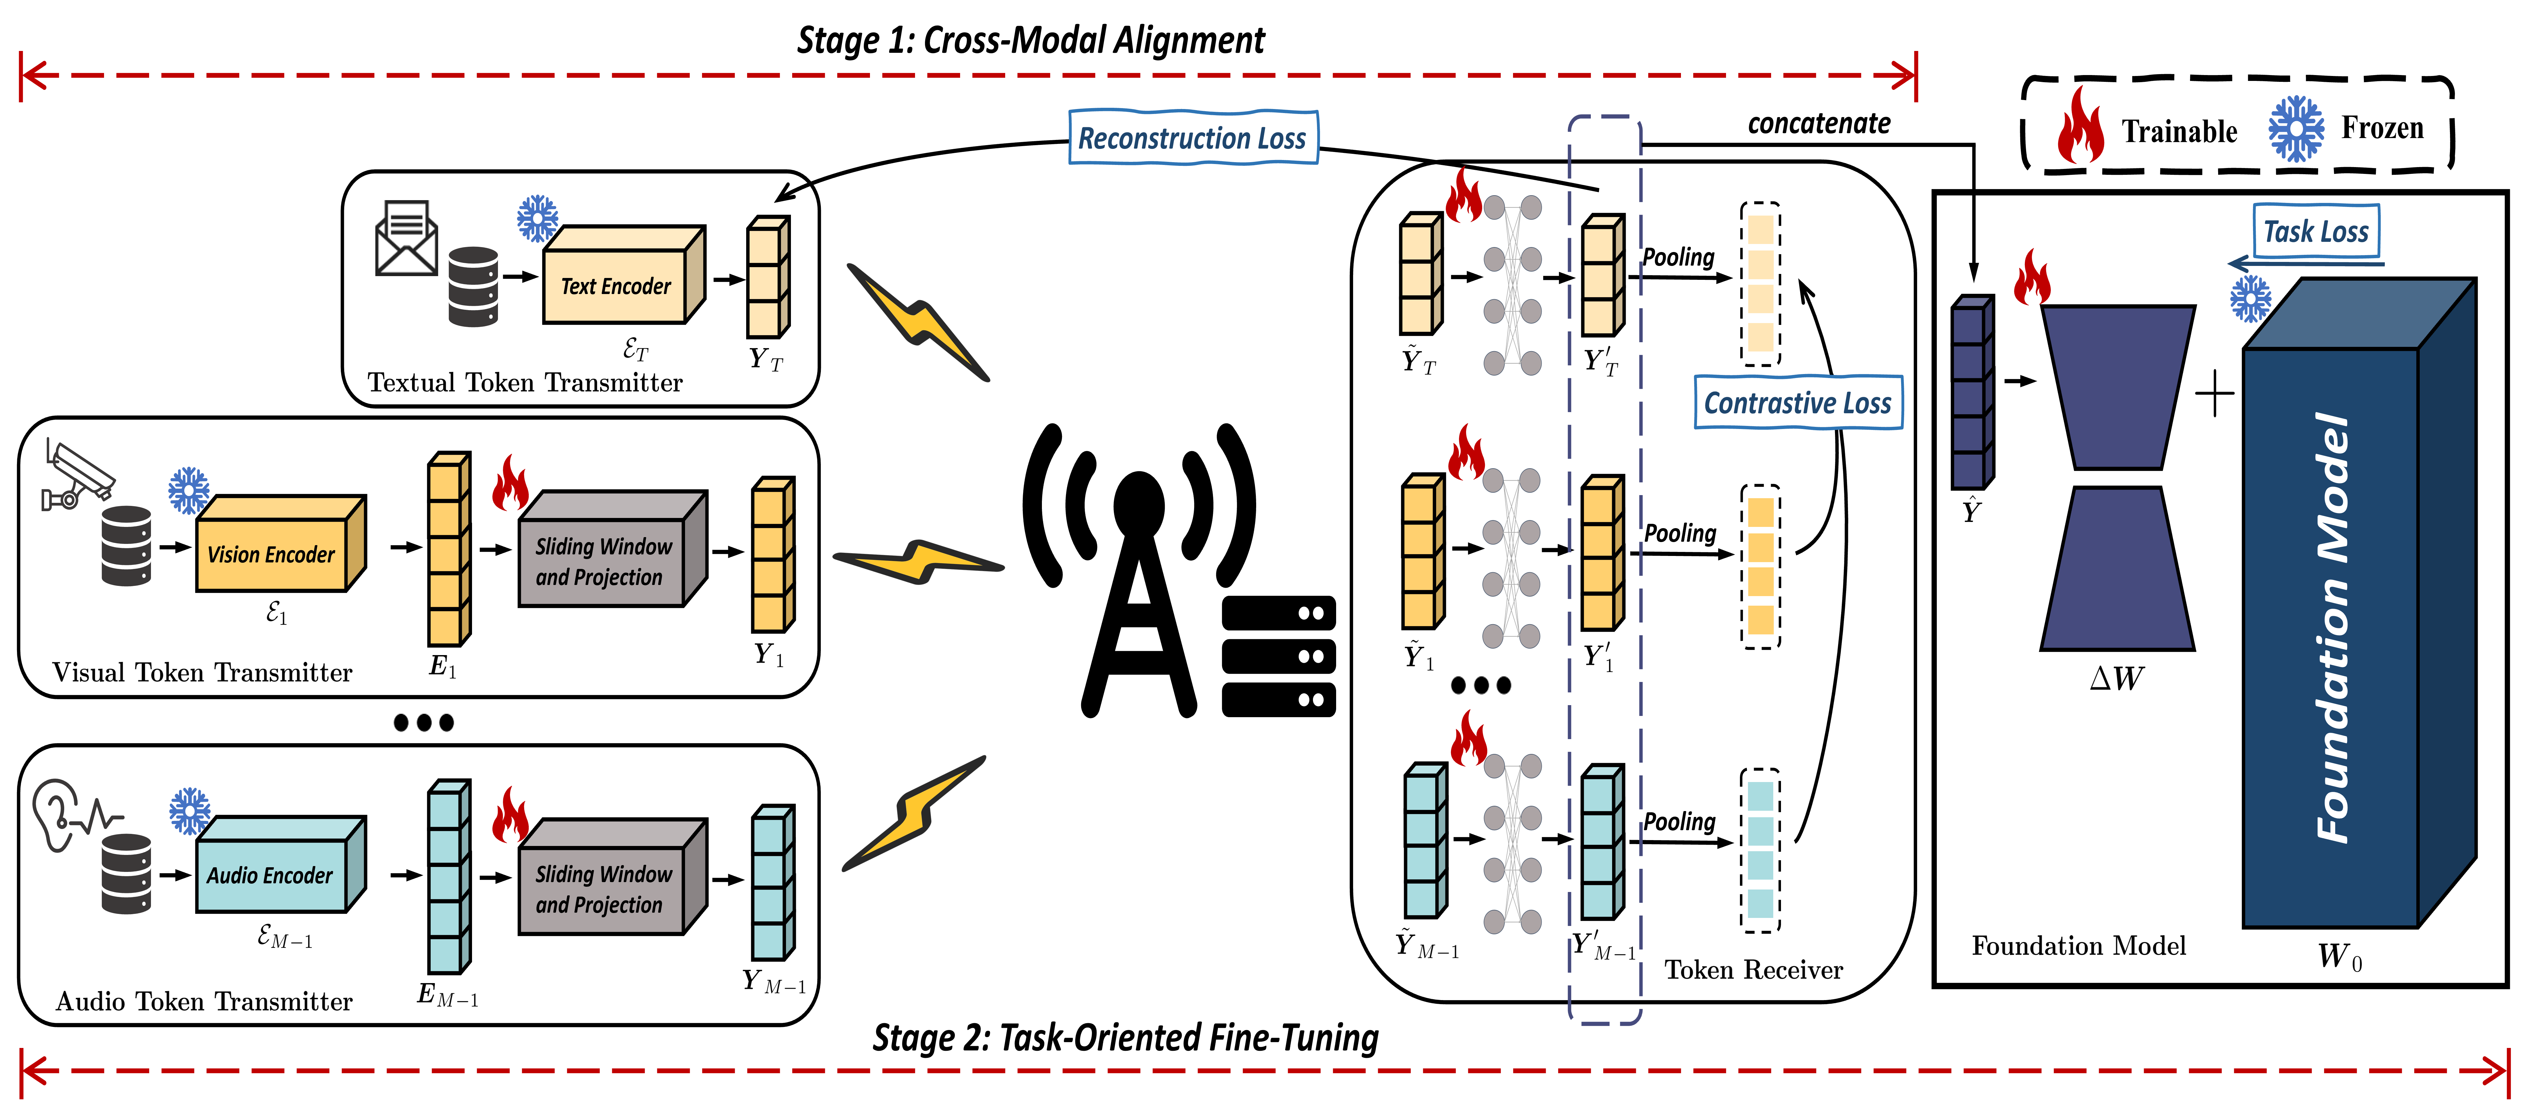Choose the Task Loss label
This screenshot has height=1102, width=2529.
2315,232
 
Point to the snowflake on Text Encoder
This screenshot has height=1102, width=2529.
537,218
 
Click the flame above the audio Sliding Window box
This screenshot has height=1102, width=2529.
511,814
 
